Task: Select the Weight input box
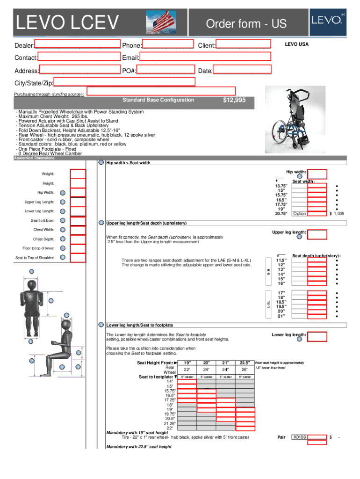(x=78, y=174)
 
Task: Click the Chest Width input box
(x=78, y=230)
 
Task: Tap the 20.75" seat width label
(x=281, y=213)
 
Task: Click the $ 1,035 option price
(x=337, y=213)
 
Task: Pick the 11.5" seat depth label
(x=281, y=261)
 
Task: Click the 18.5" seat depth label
(x=281, y=302)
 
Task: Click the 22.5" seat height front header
(x=245, y=363)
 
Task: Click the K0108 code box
(x=300, y=437)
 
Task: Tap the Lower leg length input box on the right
(x=318, y=337)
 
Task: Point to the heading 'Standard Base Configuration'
(x=158, y=100)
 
